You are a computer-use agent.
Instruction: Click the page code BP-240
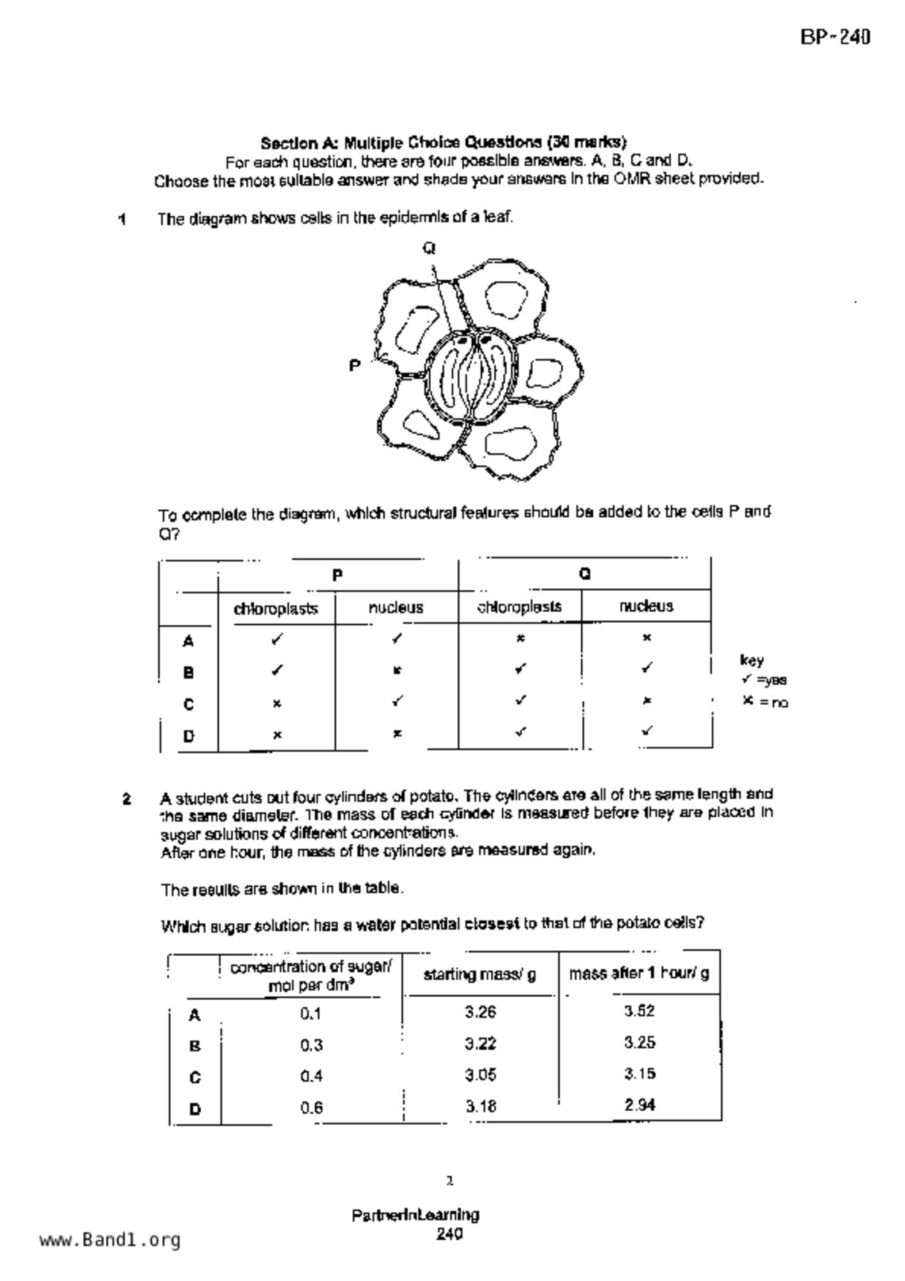[835, 37]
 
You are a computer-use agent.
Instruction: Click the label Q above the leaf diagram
[429, 248]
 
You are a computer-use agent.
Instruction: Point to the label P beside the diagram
[354, 365]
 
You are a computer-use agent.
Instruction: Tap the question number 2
[127, 798]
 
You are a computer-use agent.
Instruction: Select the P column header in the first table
[337, 576]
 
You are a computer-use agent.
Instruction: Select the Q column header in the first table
[584, 574]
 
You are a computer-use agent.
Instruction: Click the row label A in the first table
[188, 641]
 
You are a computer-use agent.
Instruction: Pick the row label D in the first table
[188, 735]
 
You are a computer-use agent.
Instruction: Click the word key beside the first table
[752, 660]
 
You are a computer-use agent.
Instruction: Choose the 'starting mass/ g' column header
[480, 974]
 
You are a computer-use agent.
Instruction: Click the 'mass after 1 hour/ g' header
[639, 973]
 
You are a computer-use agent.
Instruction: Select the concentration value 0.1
[310, 1014]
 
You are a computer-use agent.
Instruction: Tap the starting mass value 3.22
[480, 1044]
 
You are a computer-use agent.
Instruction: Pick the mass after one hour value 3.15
[639, 1074]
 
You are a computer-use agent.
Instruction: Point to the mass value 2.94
[639, 1105]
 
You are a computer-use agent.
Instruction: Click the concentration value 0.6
[311, 1107]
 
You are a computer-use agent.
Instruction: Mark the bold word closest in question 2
[492, 923]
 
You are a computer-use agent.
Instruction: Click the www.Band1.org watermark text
[110, 1240]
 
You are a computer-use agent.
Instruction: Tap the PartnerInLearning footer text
[416, 1215]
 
